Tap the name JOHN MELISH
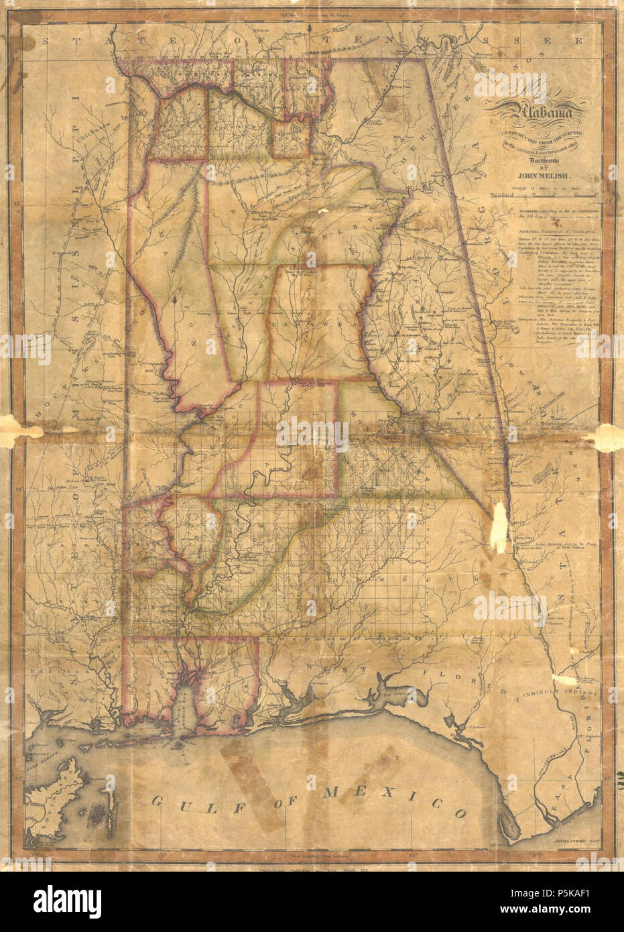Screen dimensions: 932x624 539,177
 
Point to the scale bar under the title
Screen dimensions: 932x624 543,196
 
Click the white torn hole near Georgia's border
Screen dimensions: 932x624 499,530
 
